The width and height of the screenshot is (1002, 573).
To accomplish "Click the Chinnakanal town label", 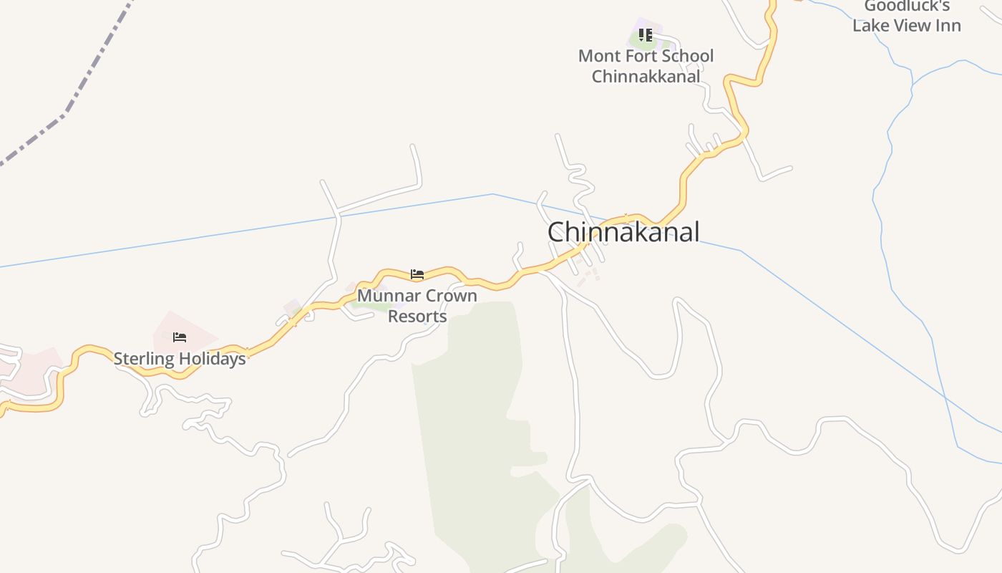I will [x=623, y=232].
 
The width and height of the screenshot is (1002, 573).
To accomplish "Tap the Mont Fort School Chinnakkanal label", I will [x=646, y=66].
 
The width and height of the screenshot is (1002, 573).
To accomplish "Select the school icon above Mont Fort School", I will [x=646, y=34].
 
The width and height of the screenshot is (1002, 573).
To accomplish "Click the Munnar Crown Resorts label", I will [x=417, y=306].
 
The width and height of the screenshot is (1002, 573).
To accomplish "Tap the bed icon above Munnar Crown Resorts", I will [x=417, y=274].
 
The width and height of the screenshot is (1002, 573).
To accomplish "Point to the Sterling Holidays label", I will [x=180, y=359].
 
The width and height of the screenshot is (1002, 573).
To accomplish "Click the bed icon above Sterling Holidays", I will [x=180, y=337].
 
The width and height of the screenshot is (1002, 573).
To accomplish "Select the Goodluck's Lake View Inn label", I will [x=906, y=16].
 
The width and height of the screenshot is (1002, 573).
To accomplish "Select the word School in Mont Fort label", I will [x=685, y=56].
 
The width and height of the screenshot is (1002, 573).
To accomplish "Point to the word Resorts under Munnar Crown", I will [x=417, y=316].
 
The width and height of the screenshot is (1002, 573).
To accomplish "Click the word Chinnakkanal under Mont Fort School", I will [x=646, y=77].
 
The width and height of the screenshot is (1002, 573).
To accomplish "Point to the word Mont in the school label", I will [x=598, y=56].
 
